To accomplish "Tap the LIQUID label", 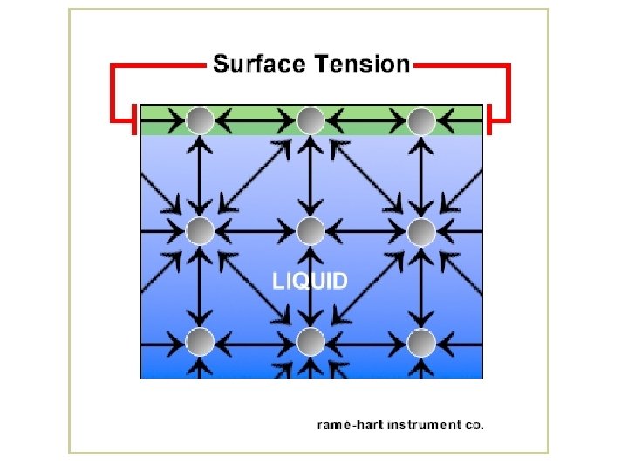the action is point(311,282).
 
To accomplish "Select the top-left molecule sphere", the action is point(200,119).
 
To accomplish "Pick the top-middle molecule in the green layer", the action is point(311,119).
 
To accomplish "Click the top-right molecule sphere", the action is point(421,119).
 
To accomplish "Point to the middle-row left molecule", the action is point(200,231).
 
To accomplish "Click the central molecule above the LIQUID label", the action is point(311,231).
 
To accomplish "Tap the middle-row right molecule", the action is point(421,231).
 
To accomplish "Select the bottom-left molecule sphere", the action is point(200,342).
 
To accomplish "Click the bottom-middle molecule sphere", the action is point(311,342).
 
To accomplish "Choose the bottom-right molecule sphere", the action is point(421,342).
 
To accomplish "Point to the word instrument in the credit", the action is point(423,426).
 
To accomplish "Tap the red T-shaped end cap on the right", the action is point(491,119).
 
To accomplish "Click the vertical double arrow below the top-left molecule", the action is point(200,174).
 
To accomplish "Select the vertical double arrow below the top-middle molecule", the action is point(311,174).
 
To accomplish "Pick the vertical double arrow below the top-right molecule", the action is point(421,174).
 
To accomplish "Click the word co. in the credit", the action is point(474,426).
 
